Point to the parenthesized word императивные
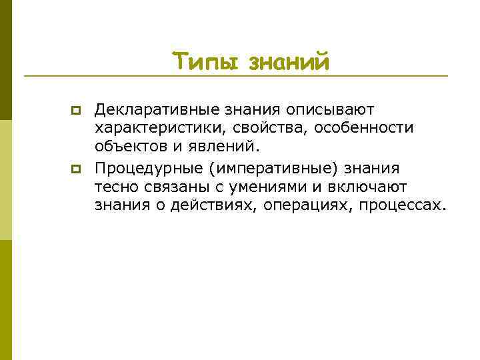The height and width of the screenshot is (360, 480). pyautogui.click(x=271, y=168)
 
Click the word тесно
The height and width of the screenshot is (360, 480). pyautogui.click(x=115, y=187)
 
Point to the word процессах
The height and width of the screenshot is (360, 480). pyautogui.click(x=401, y=205)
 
